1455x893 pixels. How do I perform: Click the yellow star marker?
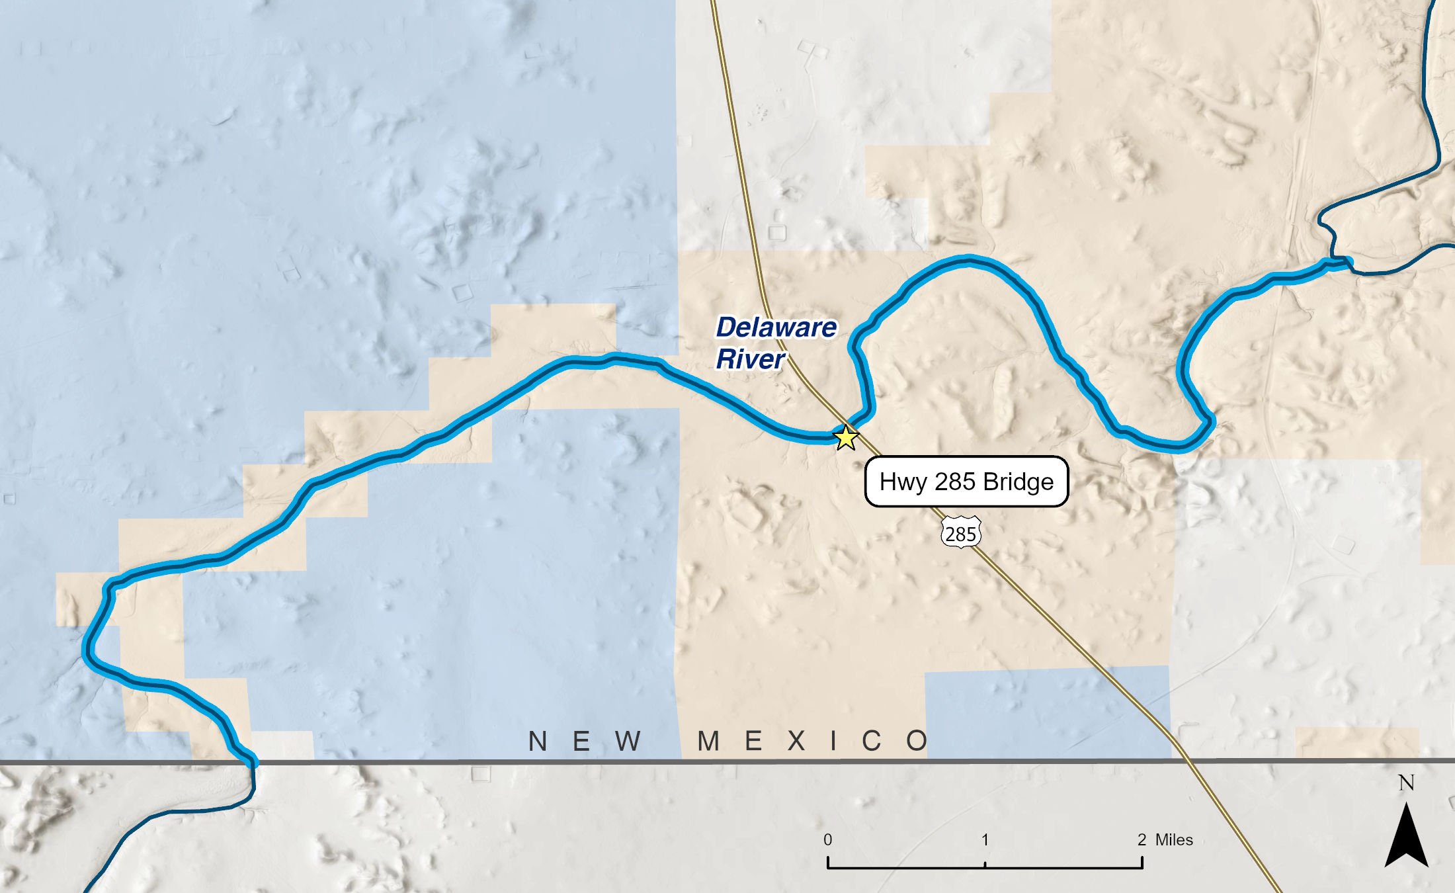[x=846, y=437]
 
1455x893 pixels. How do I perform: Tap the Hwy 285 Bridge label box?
[x=966, y=482]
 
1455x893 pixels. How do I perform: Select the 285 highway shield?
[x=960, y=533]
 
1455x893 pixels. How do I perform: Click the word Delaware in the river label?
[x=776, y=327]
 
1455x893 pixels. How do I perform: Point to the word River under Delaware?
[x=751, y=359]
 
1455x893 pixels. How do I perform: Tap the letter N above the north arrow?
[x=1406, y=783]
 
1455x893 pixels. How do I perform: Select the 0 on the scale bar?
[x=827, y=840]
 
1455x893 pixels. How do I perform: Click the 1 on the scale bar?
[x=985, y=840]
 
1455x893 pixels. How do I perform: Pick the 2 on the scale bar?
[x=1142, y=840]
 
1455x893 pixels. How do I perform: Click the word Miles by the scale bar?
[x=1174, y=840]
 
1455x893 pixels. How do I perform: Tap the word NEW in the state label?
[x=585, y=742]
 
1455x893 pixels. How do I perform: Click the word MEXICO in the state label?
[x=813, y=742]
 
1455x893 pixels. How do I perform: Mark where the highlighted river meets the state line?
[x=252, y=762]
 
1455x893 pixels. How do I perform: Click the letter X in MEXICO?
[x=796, y=742]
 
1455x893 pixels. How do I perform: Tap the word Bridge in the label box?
[x=1018, y=482]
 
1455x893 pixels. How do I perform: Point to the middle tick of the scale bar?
[x=985, y=864]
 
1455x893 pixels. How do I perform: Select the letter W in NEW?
[x=628, y=742]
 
